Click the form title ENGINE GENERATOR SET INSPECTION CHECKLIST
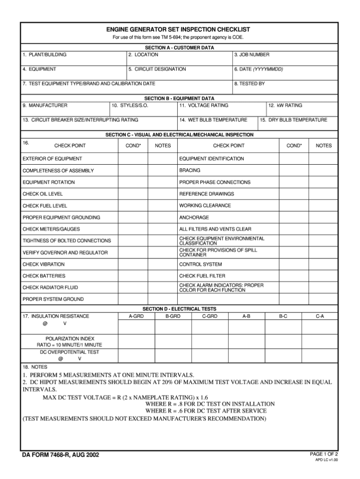click(180, 29)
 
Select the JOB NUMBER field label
click(252, 55)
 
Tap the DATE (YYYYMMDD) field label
click(259, 69)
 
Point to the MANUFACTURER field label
click(45, 106)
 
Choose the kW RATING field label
click(285, 106)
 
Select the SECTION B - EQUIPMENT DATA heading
click(180, 99)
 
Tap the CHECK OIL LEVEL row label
click(43, 194)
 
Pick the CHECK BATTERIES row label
click(44, 276)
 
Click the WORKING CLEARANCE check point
click(205, 205)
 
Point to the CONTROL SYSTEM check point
click(201, 264)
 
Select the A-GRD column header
click(136, 317)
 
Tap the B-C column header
click(283, 317)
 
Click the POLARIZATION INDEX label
click(70, 338)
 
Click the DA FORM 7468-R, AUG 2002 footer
click(60, 455)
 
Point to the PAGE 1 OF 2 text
click(324, 454)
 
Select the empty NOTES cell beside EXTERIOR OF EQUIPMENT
click(163, 159)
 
